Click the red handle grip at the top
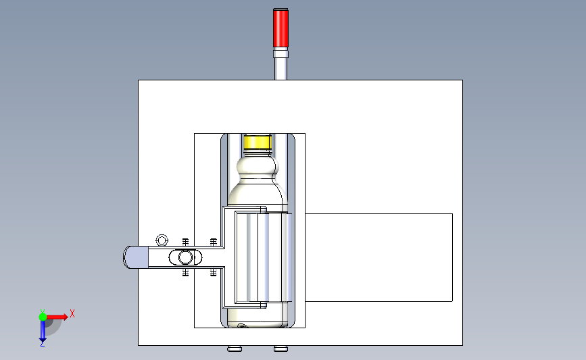pos(280,28)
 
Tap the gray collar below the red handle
pos(280,54)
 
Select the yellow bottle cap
pos(258,143)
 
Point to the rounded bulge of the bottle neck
pos(258,165)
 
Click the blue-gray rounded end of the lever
pos(136,257)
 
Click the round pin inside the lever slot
pos(185,257)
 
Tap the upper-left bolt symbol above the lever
pos(185,242)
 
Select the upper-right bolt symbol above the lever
pos(214,242)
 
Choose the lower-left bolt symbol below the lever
pos(185,272)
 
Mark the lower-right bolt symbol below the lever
pos(214,272)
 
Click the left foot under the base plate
pos(235,349)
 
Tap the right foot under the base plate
pos(280,349)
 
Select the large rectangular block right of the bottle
pos(379,258)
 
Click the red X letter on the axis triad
pos(72,313)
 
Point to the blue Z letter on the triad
pos(42,343)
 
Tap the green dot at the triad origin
pos(43,317)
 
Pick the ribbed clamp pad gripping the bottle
pos(264,257)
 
